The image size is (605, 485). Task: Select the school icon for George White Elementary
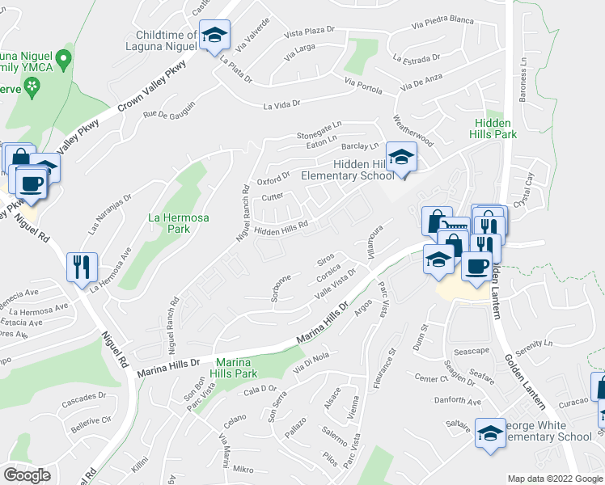(x=490, y=432)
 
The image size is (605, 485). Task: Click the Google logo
(x=27, y=475)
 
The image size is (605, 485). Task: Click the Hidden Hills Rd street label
(x=282, y=230)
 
